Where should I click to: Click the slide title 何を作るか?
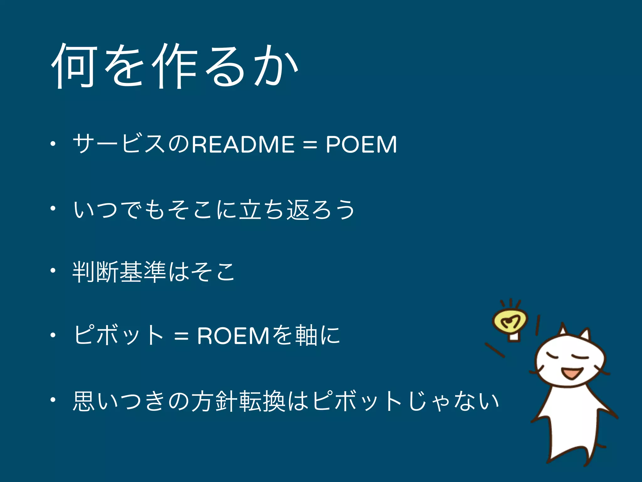174,66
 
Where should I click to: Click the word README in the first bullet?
243,145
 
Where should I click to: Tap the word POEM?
361,145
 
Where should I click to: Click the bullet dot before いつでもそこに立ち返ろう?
53,208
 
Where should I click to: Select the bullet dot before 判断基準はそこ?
53,270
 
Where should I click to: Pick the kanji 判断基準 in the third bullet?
119,272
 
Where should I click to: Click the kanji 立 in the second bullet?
250,209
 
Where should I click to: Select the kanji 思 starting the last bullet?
84,401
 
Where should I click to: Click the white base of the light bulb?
513,337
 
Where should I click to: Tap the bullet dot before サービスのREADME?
53,144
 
